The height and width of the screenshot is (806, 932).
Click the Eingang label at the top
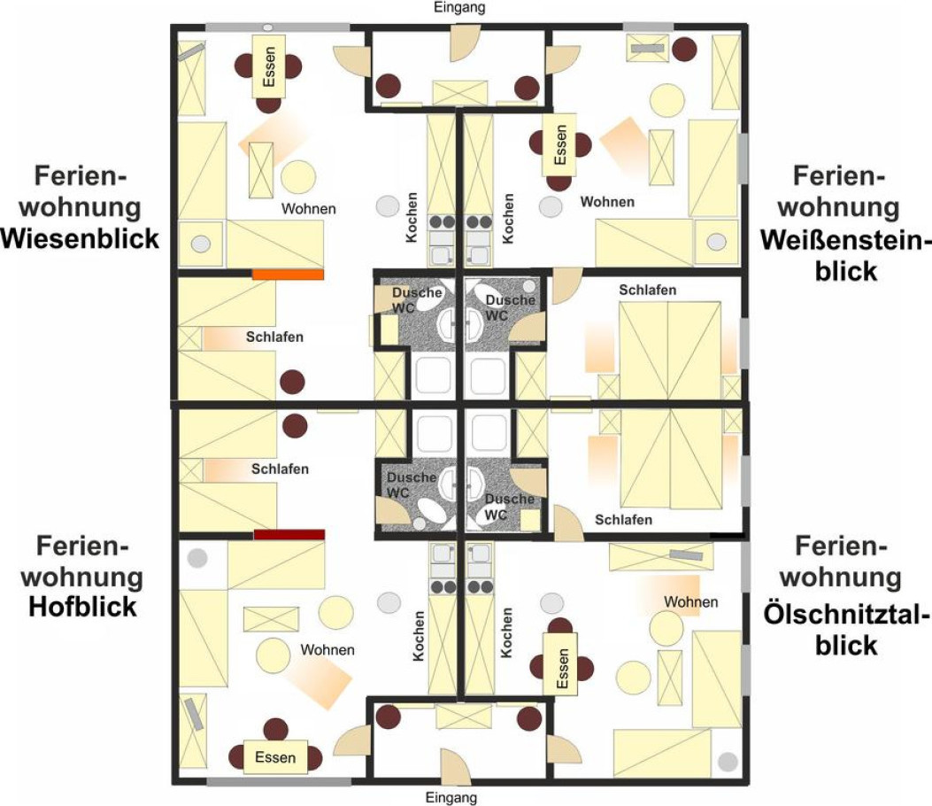point(459,8)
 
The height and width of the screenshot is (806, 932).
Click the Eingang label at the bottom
point(451,797)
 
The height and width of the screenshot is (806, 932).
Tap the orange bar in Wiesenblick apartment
point(289,275)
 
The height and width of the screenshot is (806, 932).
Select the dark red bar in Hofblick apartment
point(289,534)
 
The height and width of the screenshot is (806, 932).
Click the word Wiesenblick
point(81,238)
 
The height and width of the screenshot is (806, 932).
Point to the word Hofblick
point(82,608)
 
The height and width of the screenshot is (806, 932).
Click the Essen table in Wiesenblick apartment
point(269,66)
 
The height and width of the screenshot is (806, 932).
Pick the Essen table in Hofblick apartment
point(275,757)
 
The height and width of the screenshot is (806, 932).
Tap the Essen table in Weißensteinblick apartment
point(560,144)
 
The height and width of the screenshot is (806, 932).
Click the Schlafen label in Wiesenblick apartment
point(274,337)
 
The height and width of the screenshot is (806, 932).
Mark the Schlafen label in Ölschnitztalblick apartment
point(623,520)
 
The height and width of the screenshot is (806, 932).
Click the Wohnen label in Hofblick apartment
point(327,649)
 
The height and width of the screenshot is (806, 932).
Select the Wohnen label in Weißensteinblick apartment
point(607,202)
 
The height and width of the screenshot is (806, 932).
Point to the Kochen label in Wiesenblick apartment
point(412,217)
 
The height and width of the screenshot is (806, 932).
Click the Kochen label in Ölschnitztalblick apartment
point(506,632)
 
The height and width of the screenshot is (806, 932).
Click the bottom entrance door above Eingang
point(453,766)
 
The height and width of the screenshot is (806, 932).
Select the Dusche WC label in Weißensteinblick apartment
point(510,307)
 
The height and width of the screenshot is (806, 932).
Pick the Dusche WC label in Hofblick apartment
point(412,484)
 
